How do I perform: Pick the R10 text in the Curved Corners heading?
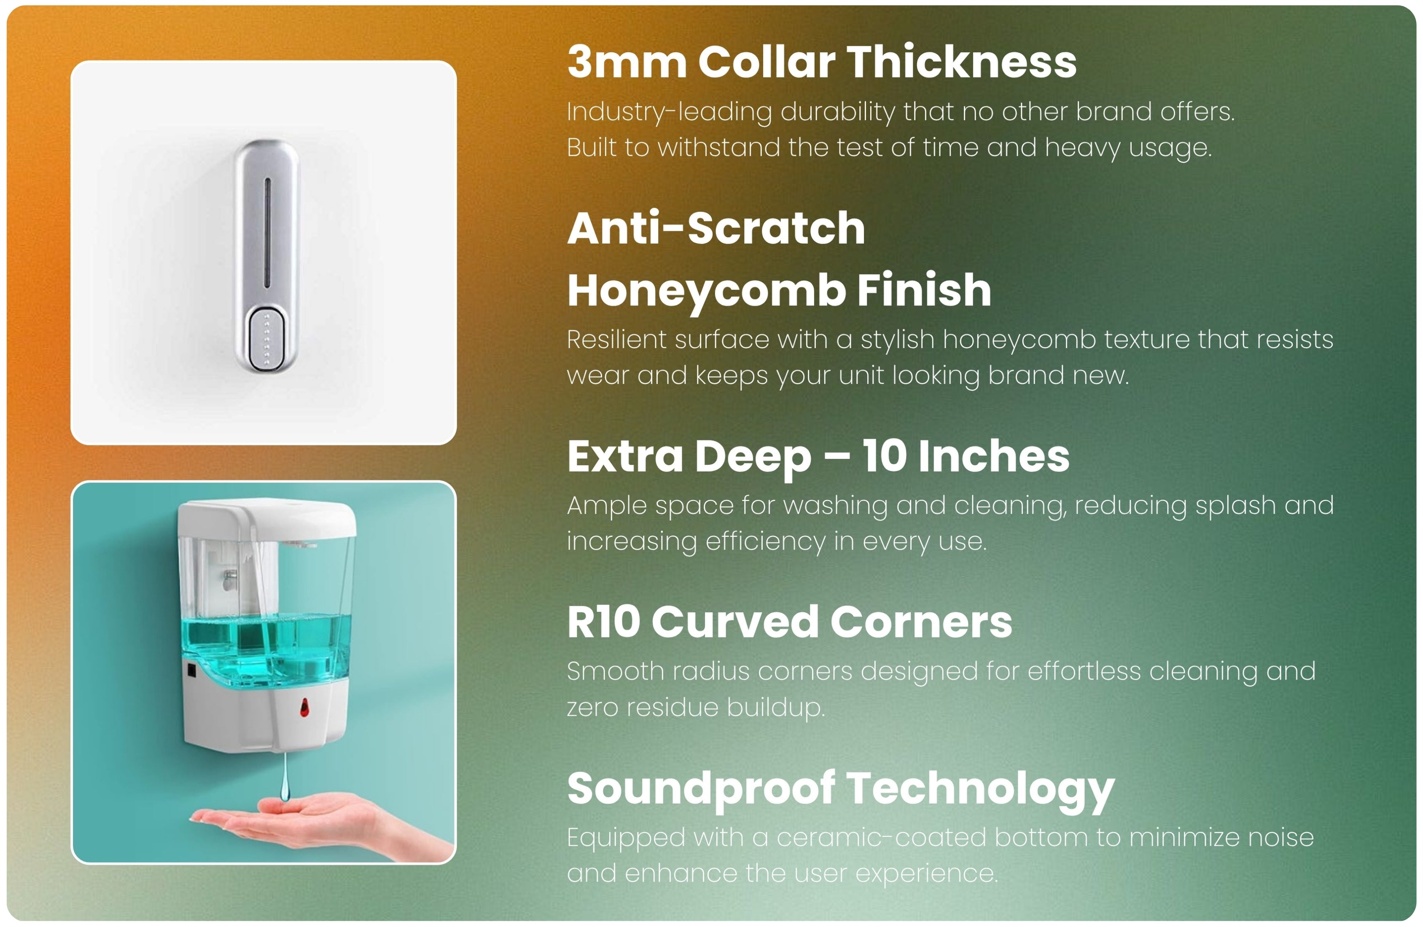coord(604,622)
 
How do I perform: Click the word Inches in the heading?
coord(994,456)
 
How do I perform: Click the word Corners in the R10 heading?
coord(921,622)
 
